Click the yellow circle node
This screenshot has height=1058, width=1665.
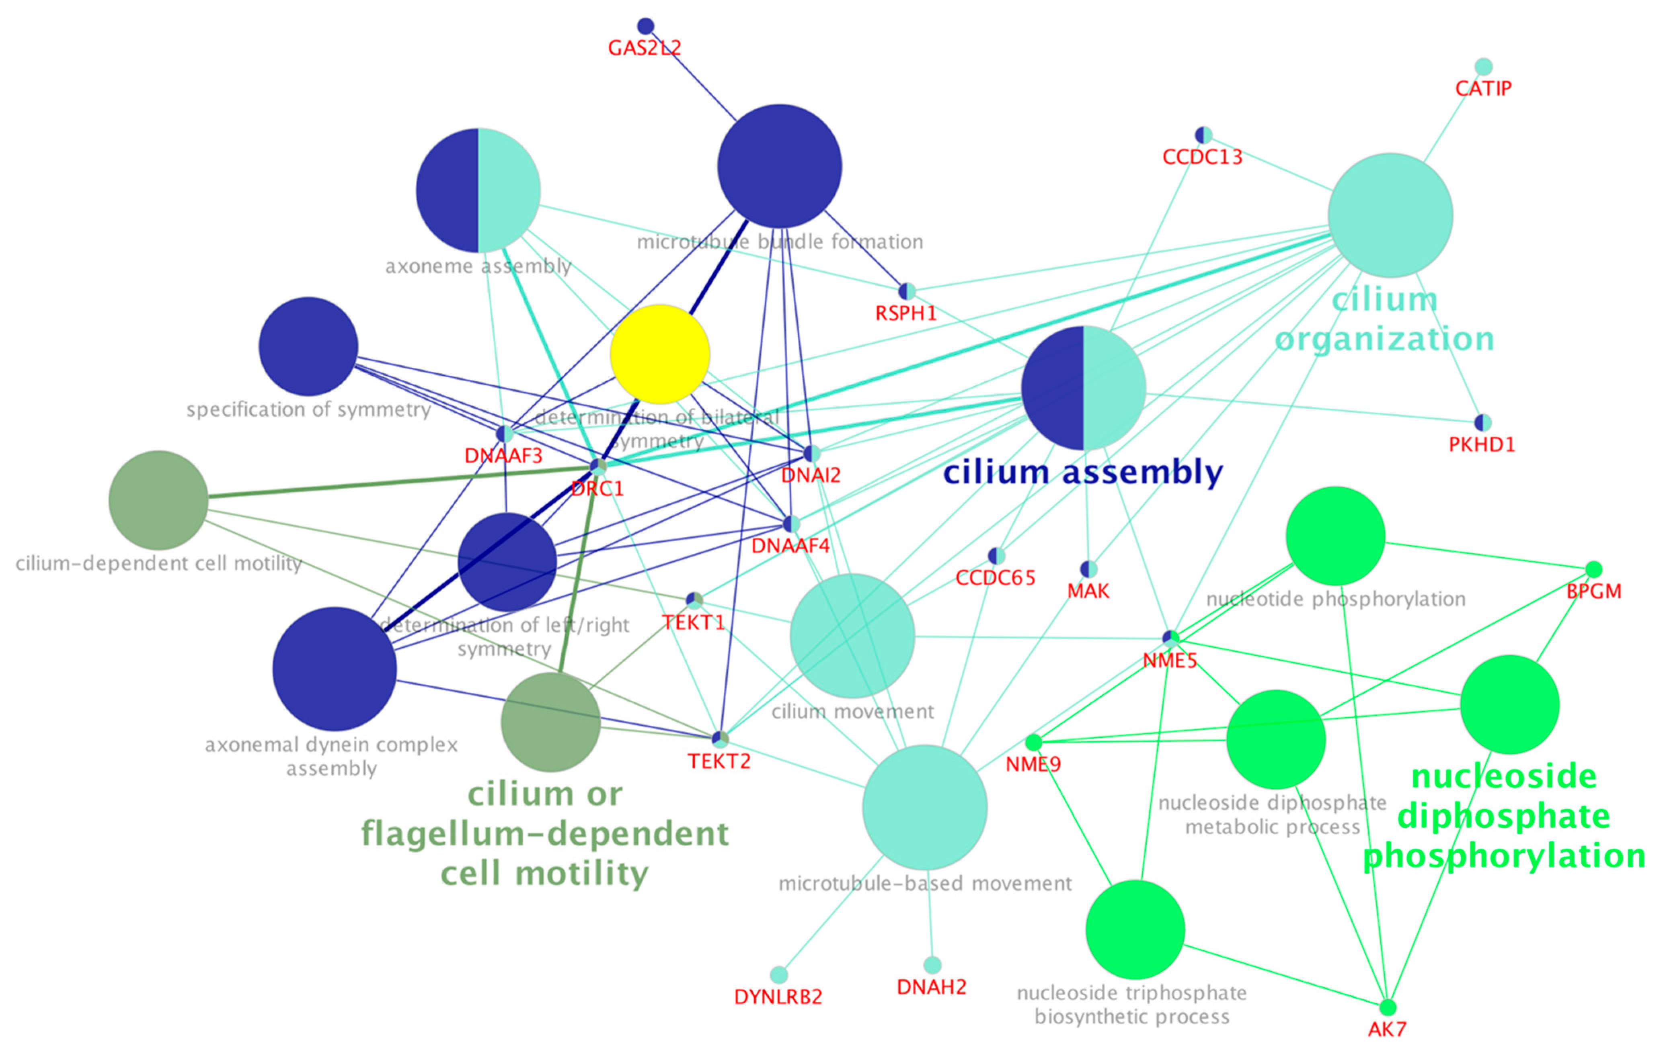(x=660, y=354)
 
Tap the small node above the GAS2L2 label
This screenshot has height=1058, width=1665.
(x=645, y=26)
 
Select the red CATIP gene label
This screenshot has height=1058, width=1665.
(x=1483, y=88)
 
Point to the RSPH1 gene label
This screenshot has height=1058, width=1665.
(x=906, y=313)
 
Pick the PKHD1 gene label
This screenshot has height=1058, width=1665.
(x=1482, y=444)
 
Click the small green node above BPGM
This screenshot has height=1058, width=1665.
(x=1593, y=569)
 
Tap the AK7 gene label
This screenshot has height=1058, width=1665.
(x=1387, y=1029)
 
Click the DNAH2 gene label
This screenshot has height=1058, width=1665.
(x=931, y=987)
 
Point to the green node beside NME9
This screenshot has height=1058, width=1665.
(x=1033, y=742)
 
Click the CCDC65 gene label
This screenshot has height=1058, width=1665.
(x=995, y=578)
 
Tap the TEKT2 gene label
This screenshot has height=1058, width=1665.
(x=719, y=761)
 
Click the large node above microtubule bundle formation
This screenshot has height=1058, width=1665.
(x=779, y=166)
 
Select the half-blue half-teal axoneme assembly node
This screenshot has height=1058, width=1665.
(x=478, y=190)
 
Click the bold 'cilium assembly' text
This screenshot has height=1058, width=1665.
(x=1083, y=473)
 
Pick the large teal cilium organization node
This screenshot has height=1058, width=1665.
(x=1390, y=216)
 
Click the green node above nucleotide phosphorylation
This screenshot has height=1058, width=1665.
(x=1335, y=536)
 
